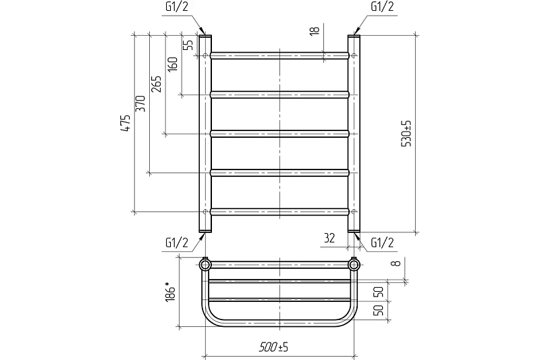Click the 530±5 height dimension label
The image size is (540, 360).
[x=406, y=134]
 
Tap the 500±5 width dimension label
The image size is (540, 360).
[x=274, y=347]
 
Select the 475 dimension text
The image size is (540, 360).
[x=126, y=123]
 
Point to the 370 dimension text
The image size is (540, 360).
[x=140, y=103]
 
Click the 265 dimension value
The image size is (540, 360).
[x=156, y=84]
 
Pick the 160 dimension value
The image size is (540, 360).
[x=172, y=64]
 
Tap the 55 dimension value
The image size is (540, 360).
[x=188, y=45]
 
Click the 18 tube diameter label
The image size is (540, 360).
[x=315, y=30]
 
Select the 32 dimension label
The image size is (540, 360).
[x=329, y=238]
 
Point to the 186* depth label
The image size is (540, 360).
[x=170, y=292]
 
